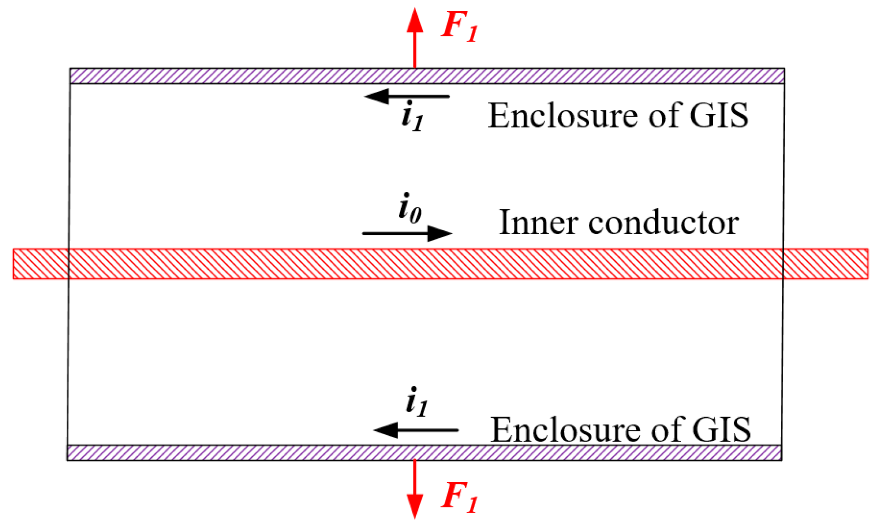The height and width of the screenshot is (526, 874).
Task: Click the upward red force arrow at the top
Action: pos(414,39)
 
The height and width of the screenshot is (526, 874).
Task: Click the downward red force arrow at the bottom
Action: pos(414,489)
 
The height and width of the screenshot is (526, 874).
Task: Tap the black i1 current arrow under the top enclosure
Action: pos(407,96)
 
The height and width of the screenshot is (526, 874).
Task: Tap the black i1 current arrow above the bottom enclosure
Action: pos(416,430)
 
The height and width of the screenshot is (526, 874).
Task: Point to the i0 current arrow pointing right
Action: pos(407,233)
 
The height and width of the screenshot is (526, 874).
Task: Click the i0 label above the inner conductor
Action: pos(410,209)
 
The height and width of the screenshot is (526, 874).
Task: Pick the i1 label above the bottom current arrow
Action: pos(417,402)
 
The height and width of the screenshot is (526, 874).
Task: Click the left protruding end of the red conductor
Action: pos(40,264)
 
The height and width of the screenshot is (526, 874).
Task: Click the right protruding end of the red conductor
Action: pos(825,264)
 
